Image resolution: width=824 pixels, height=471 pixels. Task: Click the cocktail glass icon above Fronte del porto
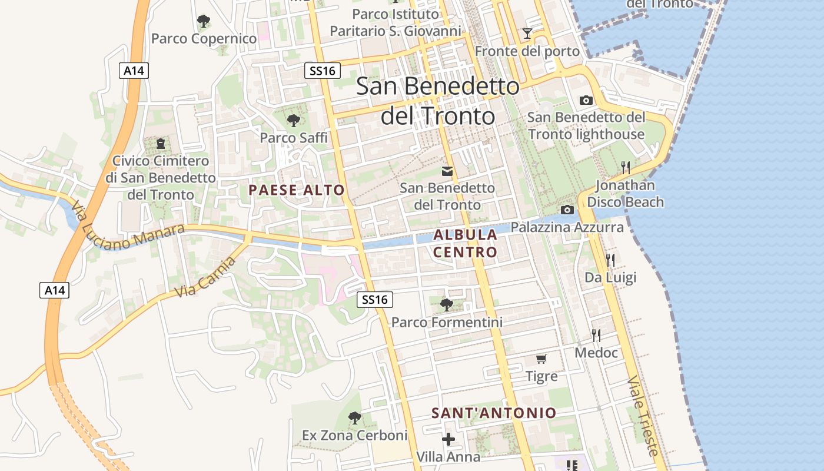[527, 34]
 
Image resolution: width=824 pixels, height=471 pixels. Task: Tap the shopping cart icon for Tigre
[541, 359]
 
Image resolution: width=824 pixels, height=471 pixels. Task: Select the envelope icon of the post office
[447, 171]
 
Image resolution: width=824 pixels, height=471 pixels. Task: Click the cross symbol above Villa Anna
[448, 439]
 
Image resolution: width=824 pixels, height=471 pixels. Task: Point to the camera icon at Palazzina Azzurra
[567, 210]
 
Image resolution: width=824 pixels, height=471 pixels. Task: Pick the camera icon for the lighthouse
[586, 100]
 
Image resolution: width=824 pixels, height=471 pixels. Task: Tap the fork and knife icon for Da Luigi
[610, 260]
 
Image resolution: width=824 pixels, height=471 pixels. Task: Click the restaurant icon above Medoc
[596, 336]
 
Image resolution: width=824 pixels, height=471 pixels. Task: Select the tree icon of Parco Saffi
[293, 121]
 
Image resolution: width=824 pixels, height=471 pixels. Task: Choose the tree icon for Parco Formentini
[447, 305]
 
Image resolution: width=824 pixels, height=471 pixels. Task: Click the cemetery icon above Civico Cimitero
[161, 143]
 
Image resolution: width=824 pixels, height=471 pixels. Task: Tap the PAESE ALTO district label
[296, 190]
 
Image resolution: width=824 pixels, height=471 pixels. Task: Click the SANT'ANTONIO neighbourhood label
[494, 413]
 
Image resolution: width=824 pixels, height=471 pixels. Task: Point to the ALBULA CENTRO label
[466, 243]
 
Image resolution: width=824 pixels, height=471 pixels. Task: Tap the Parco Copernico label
[204, 38]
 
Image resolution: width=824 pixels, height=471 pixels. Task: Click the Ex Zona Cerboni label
[354, 435]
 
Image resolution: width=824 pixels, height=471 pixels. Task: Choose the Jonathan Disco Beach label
[625, 194]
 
